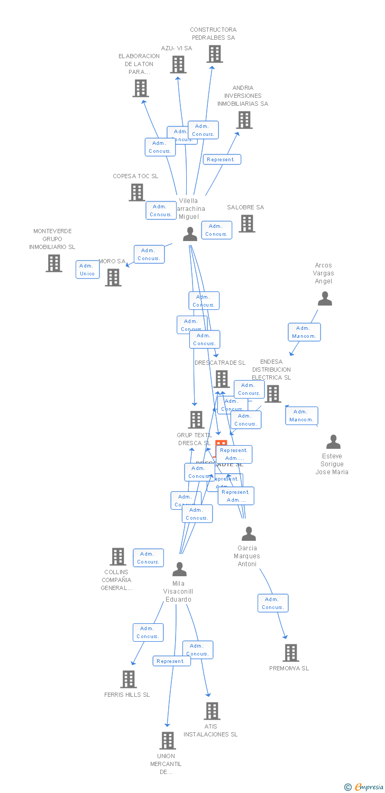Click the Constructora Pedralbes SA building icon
point(215,54)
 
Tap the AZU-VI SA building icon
point(178,64)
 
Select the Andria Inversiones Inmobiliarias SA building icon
point(244,120)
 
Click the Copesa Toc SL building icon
point(136,192)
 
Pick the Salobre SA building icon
point(247,224)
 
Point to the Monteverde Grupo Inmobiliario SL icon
point(53,263)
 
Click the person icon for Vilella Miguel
point(190,234)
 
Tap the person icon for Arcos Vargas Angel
point(325,299)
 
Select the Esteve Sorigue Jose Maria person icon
point(333,442)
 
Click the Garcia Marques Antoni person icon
point(249,534)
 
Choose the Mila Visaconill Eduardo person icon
point(180,569)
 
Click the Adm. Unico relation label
point(87,270)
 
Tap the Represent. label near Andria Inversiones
point(222,160)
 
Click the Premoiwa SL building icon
point(290,653)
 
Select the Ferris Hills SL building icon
point(129,679)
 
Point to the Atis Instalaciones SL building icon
point(212,711)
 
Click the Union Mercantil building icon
point(168,741)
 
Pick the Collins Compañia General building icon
point(117,557)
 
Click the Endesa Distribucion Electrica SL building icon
point(273,394)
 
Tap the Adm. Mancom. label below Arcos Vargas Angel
point(304,332)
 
